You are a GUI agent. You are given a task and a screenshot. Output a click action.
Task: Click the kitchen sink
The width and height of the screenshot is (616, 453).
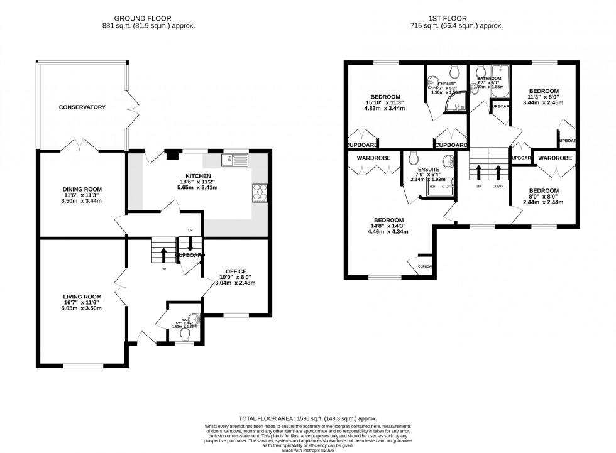(236, 160)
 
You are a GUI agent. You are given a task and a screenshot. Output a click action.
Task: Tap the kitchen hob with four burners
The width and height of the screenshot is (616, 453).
(260, 193)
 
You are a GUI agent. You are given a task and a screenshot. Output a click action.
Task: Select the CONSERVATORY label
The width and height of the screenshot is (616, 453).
(82, 107)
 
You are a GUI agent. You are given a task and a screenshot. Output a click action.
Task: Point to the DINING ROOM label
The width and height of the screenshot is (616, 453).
(82, 189)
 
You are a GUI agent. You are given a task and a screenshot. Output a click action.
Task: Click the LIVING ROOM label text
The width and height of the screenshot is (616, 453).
(82, 297)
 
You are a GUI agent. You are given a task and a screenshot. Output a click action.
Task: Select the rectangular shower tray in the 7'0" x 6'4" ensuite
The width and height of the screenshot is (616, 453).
(444, 187)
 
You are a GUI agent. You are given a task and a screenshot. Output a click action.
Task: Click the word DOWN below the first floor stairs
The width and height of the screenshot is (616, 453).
(498, 187)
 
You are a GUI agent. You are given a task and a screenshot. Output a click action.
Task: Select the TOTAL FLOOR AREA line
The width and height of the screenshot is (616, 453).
(307, 418)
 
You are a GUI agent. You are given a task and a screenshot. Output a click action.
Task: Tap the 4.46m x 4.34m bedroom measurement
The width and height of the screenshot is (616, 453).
(387, 231)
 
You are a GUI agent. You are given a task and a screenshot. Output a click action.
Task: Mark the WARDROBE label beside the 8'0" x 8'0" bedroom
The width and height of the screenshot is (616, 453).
(555, 158)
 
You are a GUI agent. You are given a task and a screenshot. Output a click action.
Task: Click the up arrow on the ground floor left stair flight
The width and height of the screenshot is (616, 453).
(164, 253)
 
